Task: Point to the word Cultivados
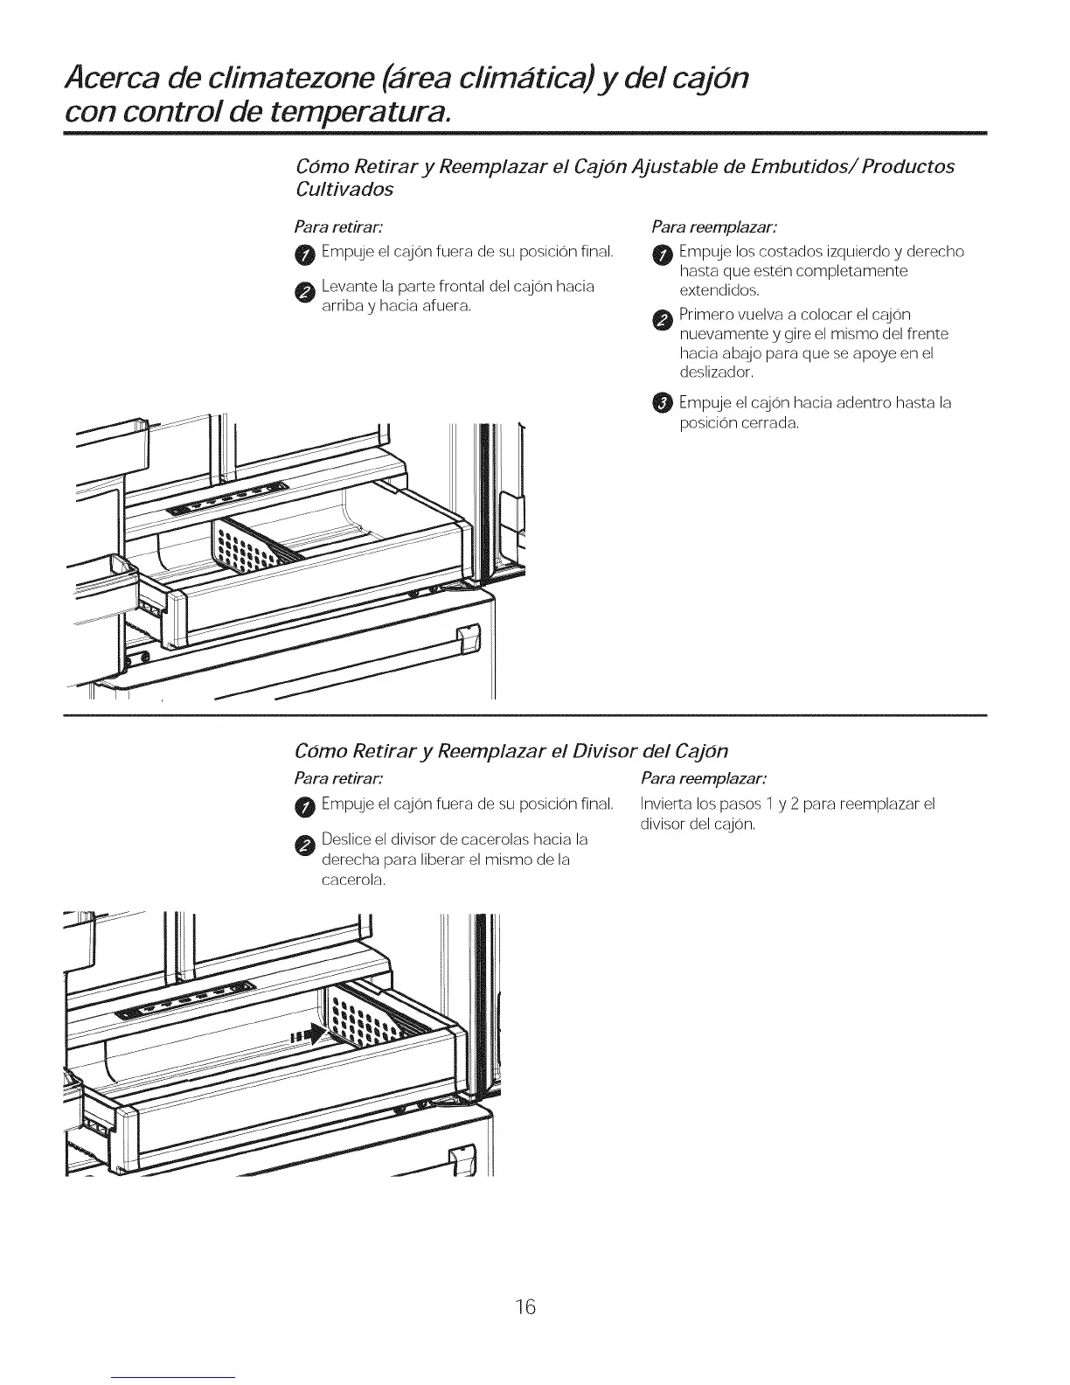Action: (x=344, y=189)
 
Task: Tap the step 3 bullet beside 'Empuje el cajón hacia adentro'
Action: (x=662, y=402)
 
